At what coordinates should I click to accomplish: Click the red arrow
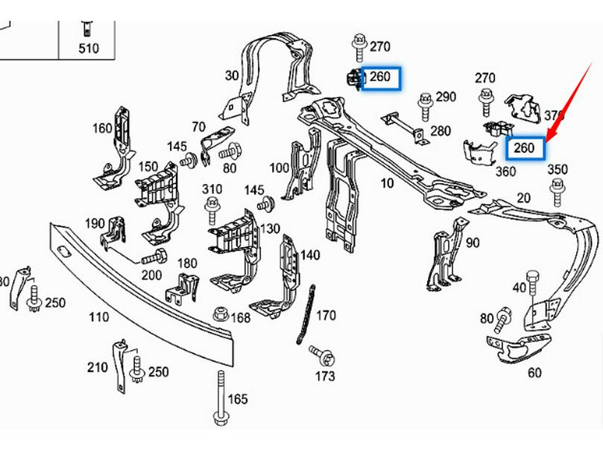point(569,102)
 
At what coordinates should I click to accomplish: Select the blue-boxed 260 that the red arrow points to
point(525,148)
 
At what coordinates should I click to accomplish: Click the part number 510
point(89,48)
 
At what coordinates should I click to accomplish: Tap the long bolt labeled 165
point(220,398)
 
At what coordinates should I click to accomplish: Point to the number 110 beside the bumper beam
point(99,317)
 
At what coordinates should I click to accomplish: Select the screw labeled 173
point(322,355)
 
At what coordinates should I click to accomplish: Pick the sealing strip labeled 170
point(306,314)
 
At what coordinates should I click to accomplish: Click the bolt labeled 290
point(426,106)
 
